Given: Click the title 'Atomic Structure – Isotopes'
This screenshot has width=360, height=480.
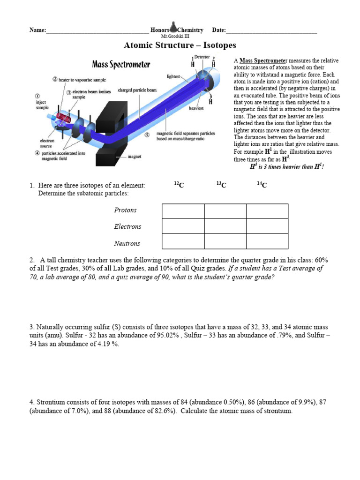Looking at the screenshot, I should tap(180, 45).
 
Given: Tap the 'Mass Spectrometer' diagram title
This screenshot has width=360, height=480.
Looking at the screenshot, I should tap(121, 64).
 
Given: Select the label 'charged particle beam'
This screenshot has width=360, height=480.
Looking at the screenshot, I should tap(137, 90).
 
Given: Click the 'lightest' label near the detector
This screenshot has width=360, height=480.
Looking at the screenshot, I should tap(173, 76).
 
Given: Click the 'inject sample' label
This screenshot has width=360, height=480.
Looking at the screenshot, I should tap(42, 104).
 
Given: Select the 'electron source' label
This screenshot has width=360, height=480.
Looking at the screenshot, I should tap(47, 143).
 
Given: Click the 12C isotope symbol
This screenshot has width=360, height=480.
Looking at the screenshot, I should tap(179, 185).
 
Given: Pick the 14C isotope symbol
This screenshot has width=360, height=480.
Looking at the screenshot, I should tap(262, 185).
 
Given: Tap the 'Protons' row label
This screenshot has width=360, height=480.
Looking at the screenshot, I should tap(125, 210).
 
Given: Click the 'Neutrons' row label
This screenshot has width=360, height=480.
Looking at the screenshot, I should tap(127, 243).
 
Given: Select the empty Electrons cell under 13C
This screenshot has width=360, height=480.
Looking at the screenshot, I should tap(225, 226).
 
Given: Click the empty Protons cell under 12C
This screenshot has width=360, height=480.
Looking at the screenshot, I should tap(183, 211).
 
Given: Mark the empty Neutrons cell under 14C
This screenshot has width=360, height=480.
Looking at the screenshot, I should tap(267, 241).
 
